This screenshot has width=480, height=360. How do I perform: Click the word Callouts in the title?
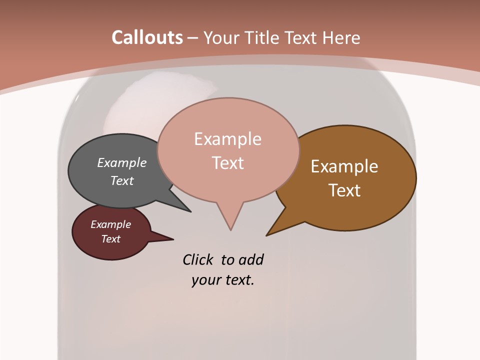point(147,37)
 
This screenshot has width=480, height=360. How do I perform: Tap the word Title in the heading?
point(258,37)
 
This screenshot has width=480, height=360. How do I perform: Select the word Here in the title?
point(341,37)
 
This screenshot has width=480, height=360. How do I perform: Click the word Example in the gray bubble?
point(122,162)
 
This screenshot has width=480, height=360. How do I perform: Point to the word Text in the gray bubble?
point(122,180)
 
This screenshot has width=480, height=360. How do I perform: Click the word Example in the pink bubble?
point(227,139)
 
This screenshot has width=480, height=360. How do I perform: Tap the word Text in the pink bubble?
point(228,163)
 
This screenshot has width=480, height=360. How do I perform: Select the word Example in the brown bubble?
point(344,166)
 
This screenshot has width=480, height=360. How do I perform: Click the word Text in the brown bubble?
point(345,190)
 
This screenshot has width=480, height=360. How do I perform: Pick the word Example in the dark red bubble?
point(110,224)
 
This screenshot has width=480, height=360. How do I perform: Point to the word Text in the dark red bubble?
point(110,239)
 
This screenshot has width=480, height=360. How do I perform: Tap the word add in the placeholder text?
point(251,259)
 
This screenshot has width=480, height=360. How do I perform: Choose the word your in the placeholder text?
point(203,280)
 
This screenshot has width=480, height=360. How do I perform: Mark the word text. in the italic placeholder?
point(237,280)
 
